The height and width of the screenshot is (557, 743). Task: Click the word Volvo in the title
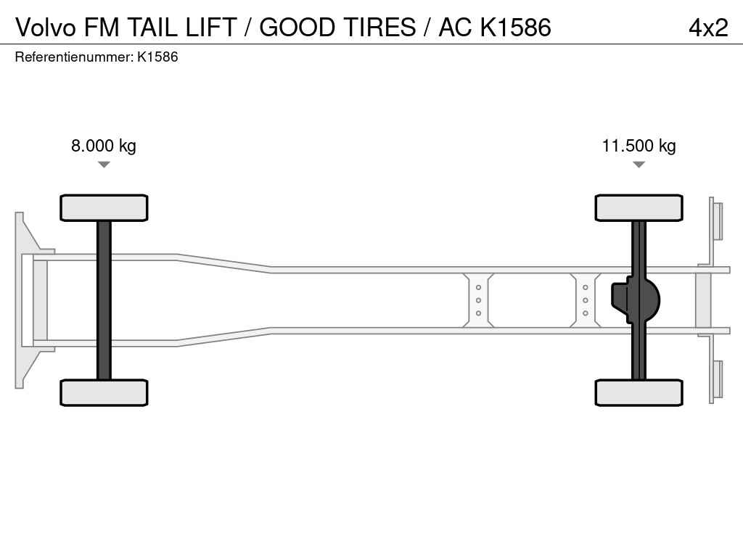(46, 27)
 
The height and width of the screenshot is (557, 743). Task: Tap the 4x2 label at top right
(708, 28)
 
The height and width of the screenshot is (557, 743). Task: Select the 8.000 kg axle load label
(104, 145)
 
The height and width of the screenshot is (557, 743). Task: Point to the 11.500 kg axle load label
(639, 145)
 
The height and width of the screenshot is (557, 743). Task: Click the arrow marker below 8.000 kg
(104, 165)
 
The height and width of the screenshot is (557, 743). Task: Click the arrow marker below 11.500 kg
(639, 165)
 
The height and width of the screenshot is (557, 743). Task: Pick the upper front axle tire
(104, 207)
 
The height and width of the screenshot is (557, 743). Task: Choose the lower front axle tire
(104, 392)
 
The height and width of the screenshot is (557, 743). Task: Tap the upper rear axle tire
(639, 207)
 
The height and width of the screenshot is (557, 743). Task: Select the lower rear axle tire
(639, 392)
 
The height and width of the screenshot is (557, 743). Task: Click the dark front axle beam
(104, 300)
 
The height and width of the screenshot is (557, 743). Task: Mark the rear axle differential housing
(636, 300)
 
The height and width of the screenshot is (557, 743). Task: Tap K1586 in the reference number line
(157, 57)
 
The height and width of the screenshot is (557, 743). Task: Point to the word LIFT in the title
(211, 27)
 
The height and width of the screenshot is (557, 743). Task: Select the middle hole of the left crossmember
(478, 300)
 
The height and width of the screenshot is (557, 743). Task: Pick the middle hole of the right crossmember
(586, 300)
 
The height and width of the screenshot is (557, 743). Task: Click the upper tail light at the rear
(717, 221)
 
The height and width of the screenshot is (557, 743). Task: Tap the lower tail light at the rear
(717, 379)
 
